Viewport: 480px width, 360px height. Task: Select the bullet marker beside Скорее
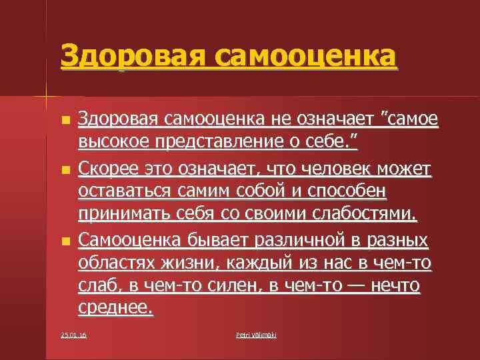coord(64,171)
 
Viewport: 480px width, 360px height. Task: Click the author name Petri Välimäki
coord(256,335)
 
